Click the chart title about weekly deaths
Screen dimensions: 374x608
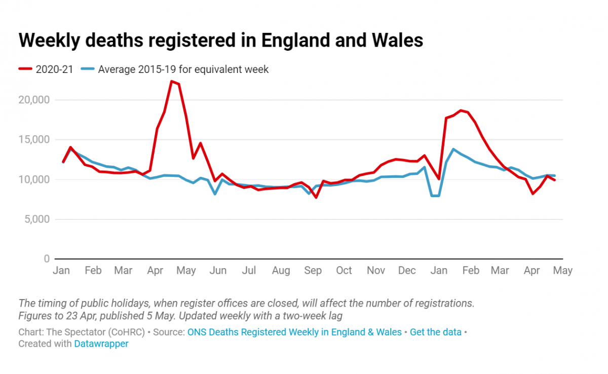pos(220,40)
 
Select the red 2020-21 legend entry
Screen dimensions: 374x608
pos(46,69)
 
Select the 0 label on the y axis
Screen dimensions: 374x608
pos(46,259)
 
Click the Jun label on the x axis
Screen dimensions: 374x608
pos(218,271)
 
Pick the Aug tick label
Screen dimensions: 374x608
pos(281,271)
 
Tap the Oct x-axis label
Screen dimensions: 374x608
pos(344,271)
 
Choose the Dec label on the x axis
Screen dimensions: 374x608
pos(407,271)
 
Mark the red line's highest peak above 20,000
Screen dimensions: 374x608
pos(172,81)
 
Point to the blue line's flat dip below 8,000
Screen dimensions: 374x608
pos(435,196)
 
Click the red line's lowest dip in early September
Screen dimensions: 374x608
pos(316,197)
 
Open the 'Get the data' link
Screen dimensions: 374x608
pos(436,332)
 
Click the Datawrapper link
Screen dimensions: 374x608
pos(101,344)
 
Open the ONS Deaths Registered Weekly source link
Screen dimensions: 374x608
pos(294,332)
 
